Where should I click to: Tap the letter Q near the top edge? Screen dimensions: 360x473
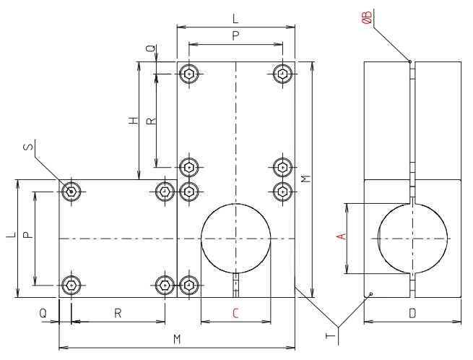point(150,48)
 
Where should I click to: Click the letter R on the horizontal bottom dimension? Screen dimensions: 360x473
point(118,313)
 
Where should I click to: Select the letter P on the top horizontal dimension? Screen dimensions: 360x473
point(236,35)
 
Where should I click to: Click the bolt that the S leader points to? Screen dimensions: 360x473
point(71,192)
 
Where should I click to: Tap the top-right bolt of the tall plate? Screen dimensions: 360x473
point(283,73)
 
